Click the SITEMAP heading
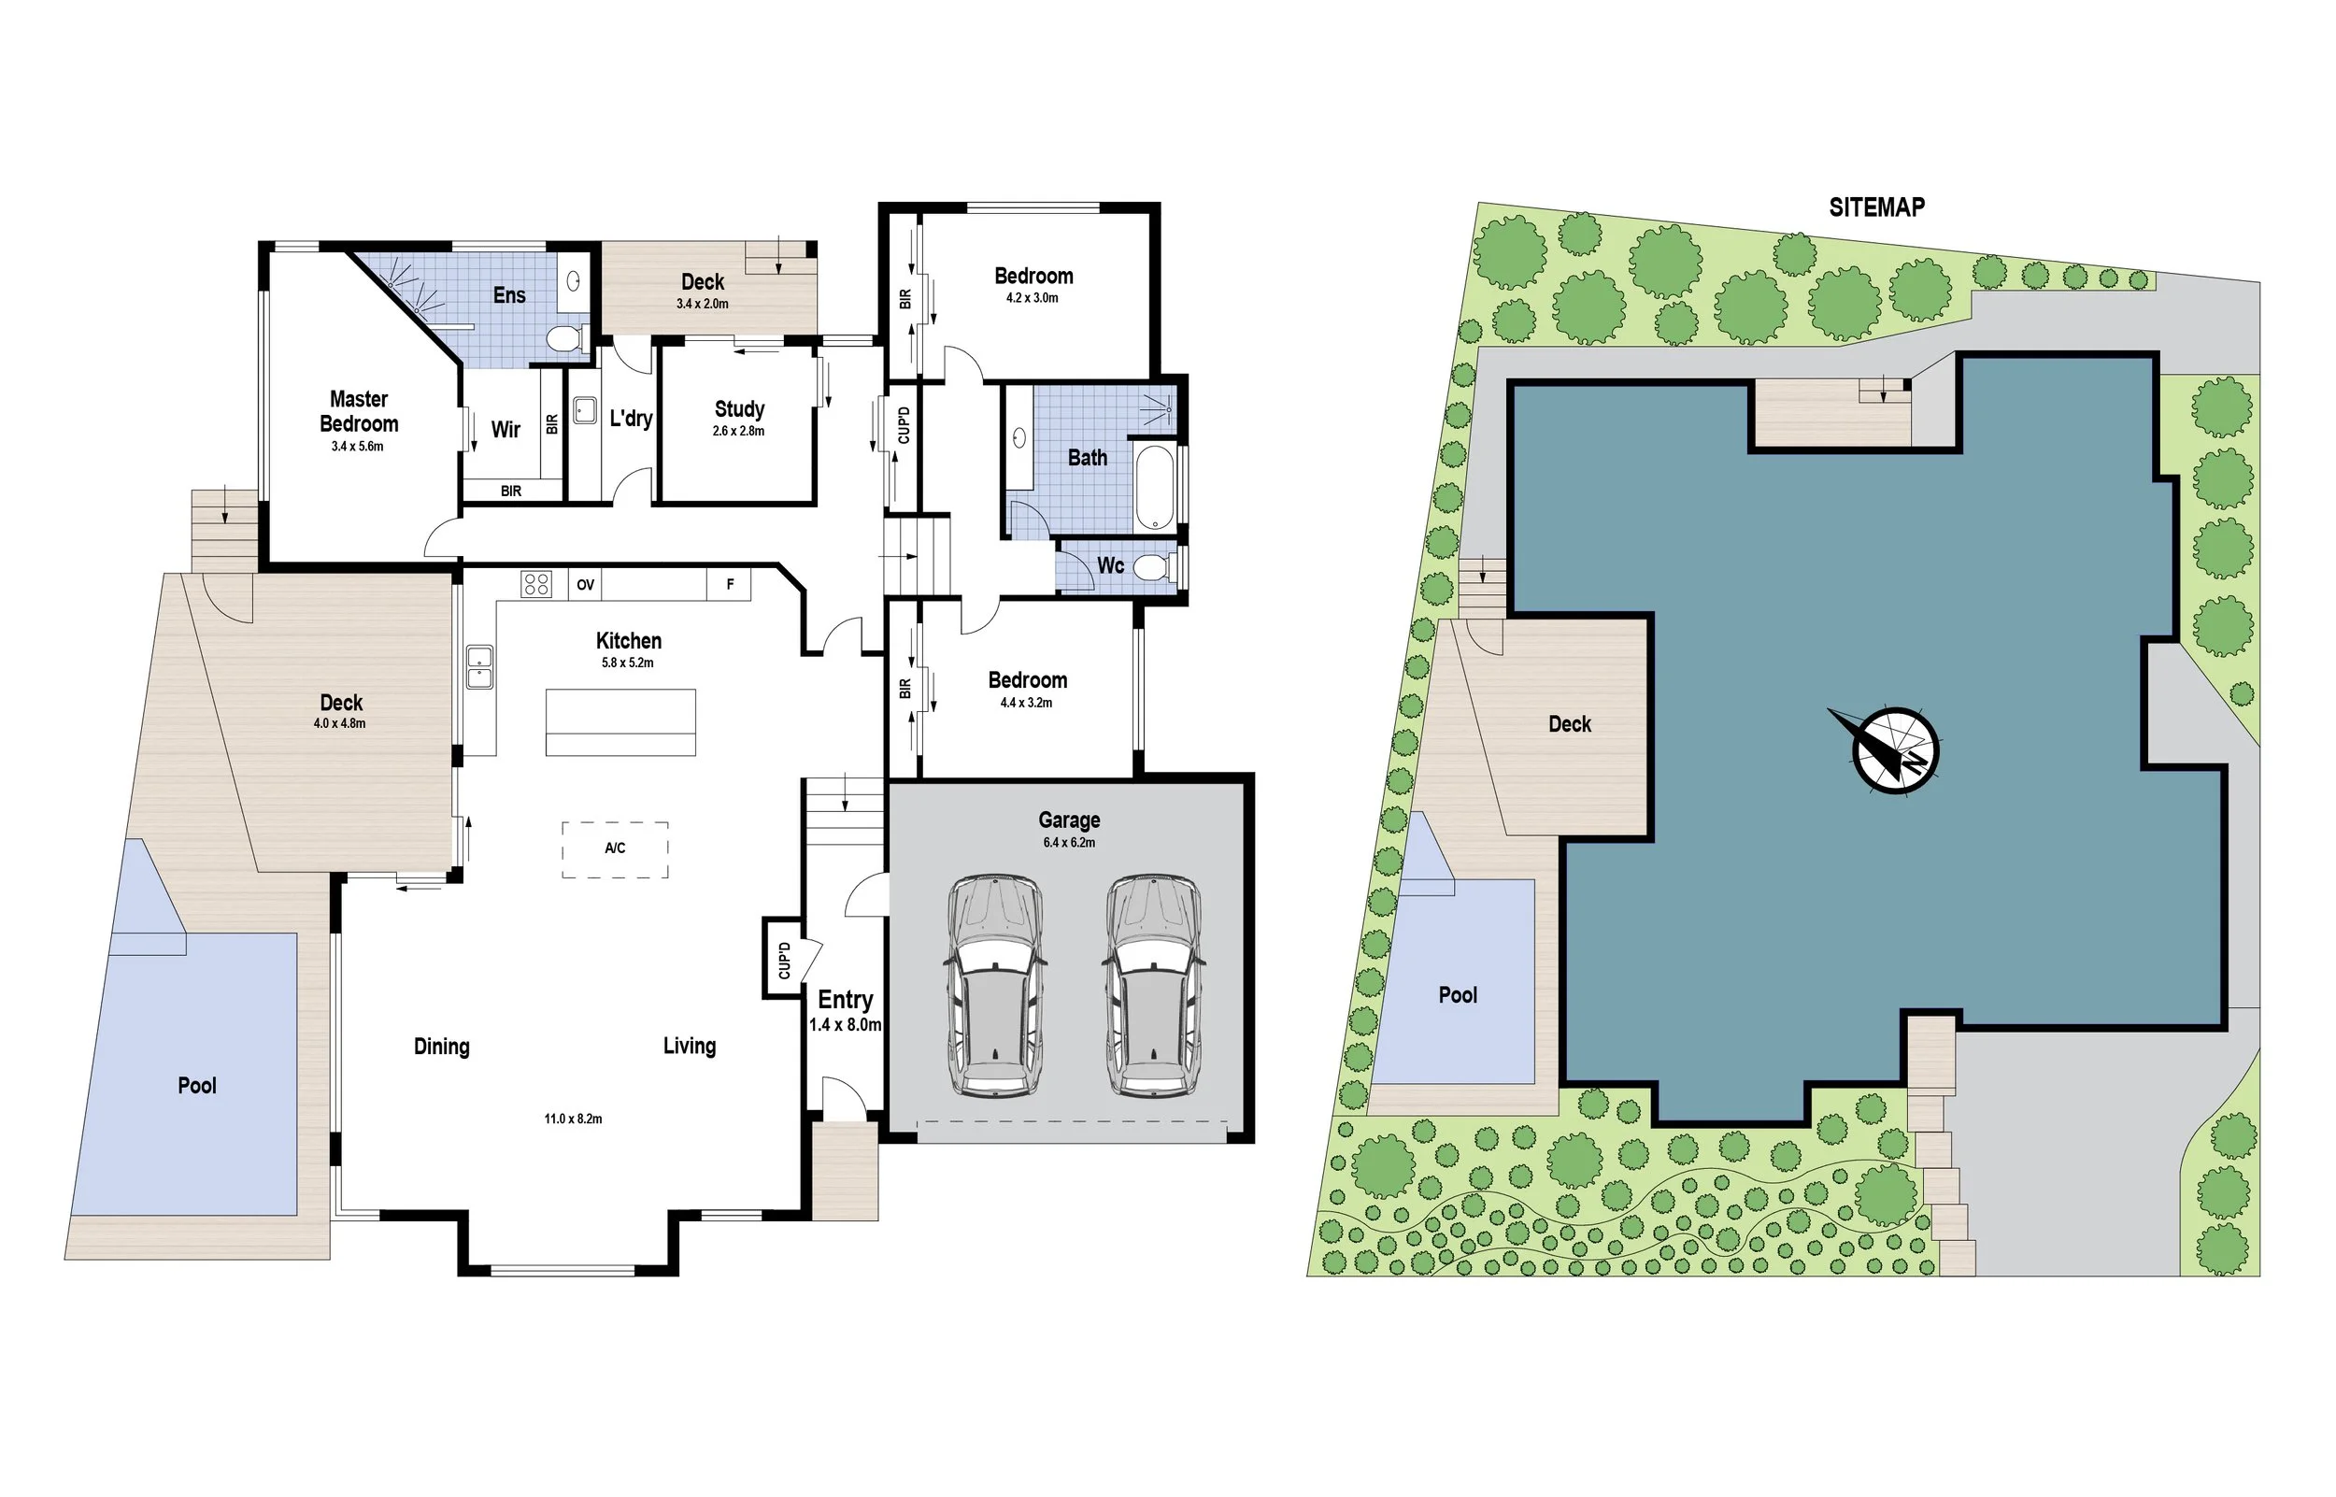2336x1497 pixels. coord(1875,207)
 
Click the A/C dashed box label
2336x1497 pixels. coord(615,848)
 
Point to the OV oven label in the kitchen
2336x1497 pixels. coord(585,585)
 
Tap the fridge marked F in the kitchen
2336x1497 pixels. coord(730,584)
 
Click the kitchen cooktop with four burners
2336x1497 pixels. coord(536,584)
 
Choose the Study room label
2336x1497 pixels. coord(739,409)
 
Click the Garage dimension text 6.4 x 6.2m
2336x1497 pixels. coord(1069,843)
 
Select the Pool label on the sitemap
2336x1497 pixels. coord(1458,995)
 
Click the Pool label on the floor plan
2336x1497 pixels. coord(197,1086)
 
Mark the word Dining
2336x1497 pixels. coord(441,1047)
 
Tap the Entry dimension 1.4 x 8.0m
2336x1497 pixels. coord(846,1024)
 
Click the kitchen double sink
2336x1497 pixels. coord(479,666)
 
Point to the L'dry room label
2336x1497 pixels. coord(631,419)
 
